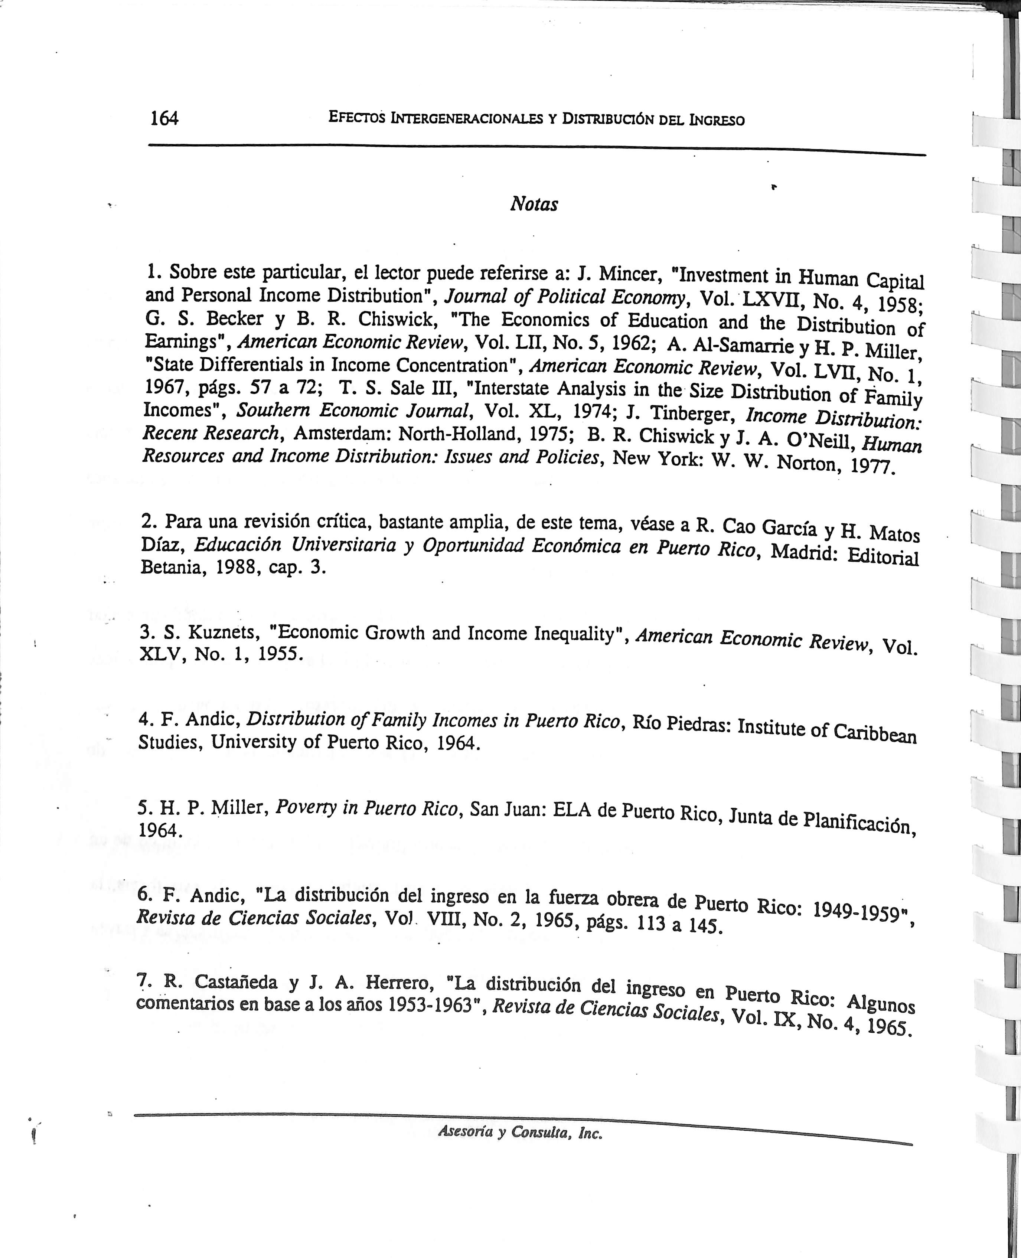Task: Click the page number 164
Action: click(x=164, y=119)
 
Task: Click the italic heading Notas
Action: click(x=534, y=204)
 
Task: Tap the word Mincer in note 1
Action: click(x=632, y=274)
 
